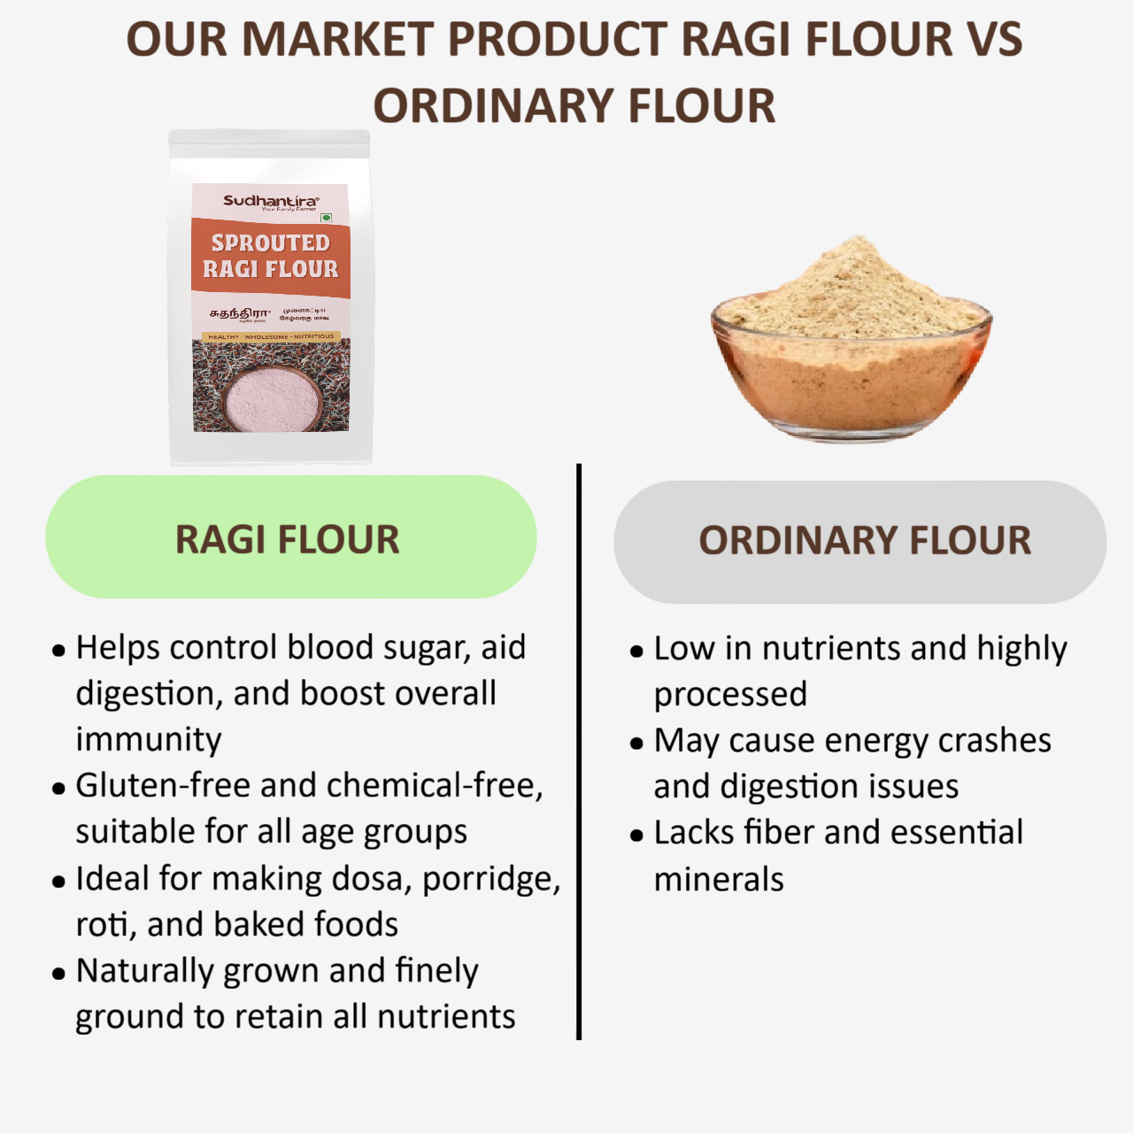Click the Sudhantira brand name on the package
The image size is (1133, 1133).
tap(270, 201)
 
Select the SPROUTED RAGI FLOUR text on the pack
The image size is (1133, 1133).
tap(271, 256)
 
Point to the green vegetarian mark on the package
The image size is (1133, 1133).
tap(326, 217)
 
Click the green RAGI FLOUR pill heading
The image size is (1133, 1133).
tap(290, 538)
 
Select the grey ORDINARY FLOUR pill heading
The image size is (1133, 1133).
tap(859, 541)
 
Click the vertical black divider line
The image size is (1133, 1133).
tap(579, 752)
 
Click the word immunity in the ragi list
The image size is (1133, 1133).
tap(149, 740)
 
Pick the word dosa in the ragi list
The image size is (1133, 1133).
tap(369, 879)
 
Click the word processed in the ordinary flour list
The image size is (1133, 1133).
tap(730, 695)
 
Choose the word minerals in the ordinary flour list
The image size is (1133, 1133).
tap(719, 880)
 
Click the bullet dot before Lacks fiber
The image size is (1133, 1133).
tap(636, 835)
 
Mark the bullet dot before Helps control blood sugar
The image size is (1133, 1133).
tap(59, 651)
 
